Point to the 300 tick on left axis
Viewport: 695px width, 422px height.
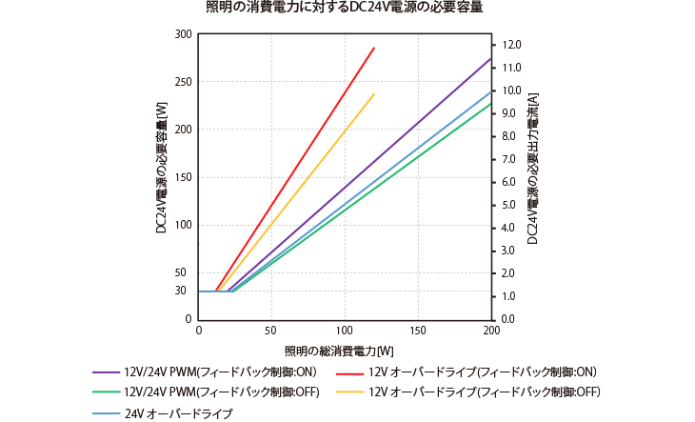[x=183, y=34]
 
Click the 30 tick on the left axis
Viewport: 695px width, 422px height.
[x=185, y=291]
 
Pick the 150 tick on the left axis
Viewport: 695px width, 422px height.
[x=183, y=177]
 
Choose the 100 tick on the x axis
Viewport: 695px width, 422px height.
[x=345, y=332]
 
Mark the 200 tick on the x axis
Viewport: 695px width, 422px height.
[x=491, y=332]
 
